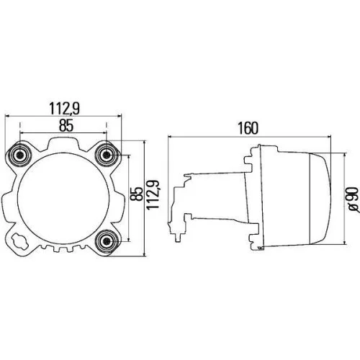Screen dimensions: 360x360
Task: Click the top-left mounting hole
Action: pyautogui.click(x=20, y=153)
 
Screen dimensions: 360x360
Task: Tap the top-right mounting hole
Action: pyautogui.click(x=108, y=153)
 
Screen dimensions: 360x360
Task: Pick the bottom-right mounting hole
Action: pyautogui.click(x=108, y=240)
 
